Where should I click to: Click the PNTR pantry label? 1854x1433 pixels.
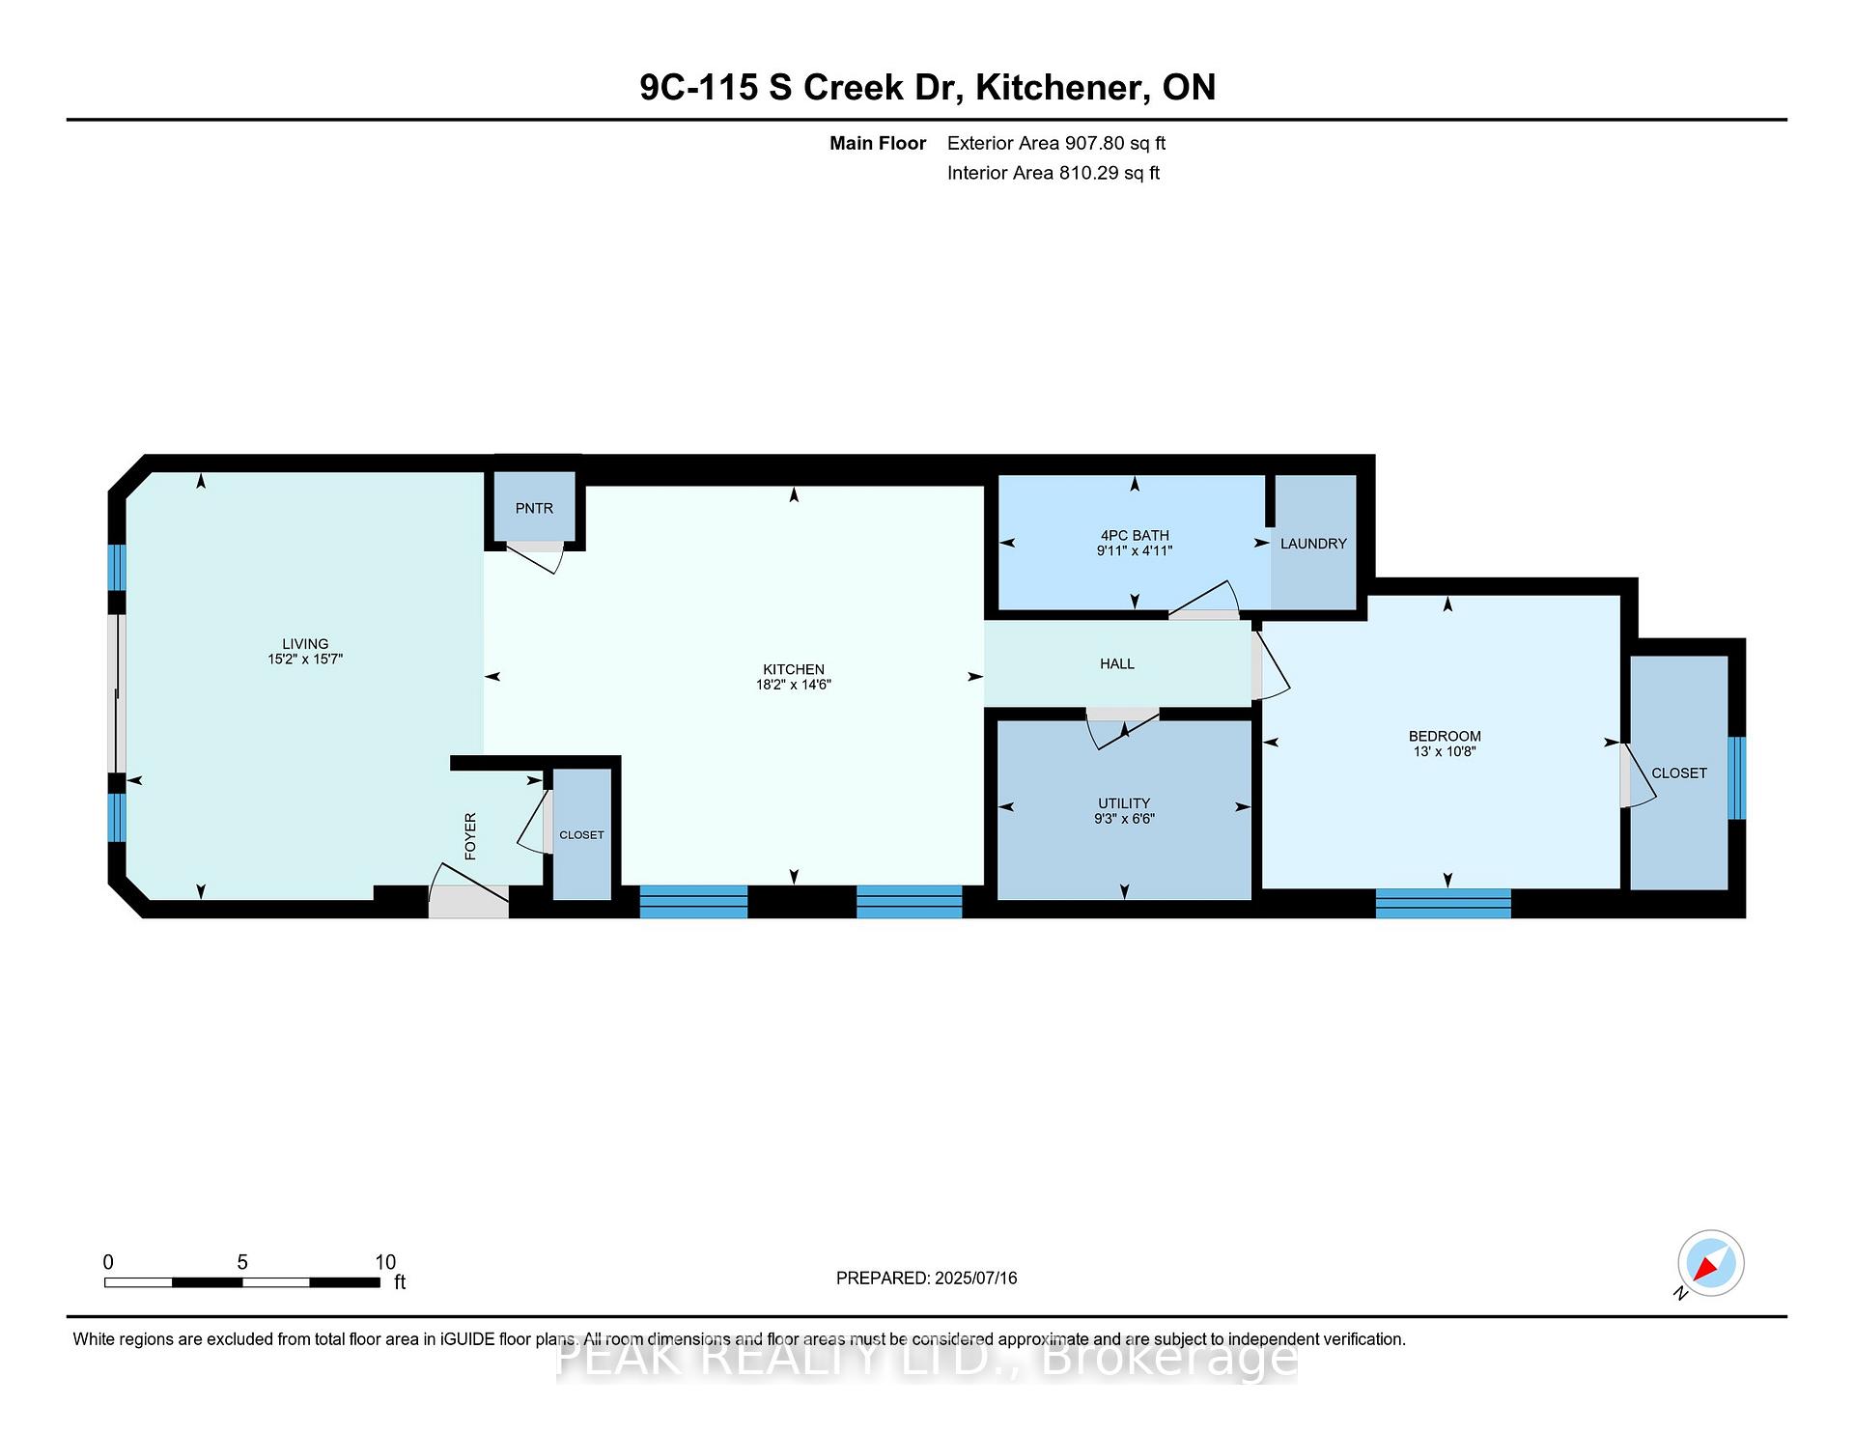[x=534, y=508]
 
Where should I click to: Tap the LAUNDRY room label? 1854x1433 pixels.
[x=1313, y=544]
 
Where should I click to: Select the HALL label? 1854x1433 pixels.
[x=1117, y=663]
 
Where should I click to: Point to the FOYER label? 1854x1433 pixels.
[x=470, y=836]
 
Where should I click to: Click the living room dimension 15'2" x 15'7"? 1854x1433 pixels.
[x=305, y=660]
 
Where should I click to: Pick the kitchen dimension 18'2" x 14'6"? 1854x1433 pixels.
[x=794, y=685]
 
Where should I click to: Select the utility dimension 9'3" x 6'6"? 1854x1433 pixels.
[x=1124, y=819]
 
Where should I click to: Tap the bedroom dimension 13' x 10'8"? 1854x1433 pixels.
[x=1445, y=751]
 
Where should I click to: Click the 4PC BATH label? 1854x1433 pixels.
[x=1135, y=535]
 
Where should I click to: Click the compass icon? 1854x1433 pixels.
[x=1710, y=1263]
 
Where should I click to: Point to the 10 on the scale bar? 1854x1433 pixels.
[x=385, y=1262]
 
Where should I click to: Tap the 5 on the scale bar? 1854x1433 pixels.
[x=242, y=1262]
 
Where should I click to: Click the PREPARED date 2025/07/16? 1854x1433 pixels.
[x=976, y=1278]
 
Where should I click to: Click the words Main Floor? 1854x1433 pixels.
[x=878, y=143]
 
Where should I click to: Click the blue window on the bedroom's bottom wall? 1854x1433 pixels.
[x=1443, y=903]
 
